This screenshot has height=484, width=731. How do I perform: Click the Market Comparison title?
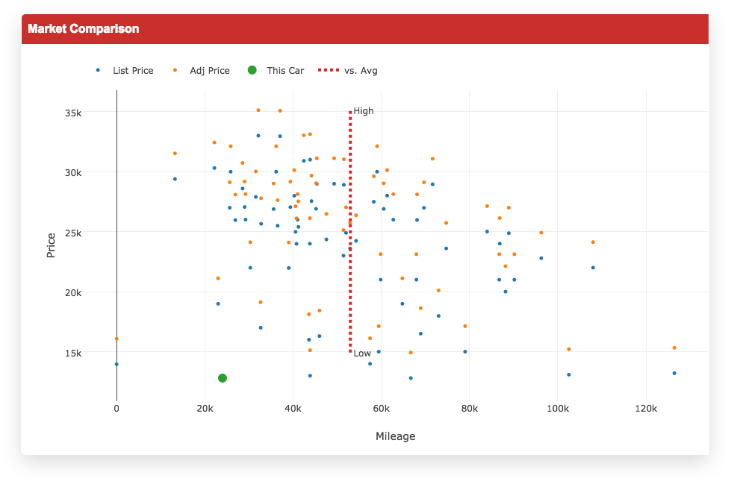[84, 29]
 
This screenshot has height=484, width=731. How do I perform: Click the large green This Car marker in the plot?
[223, 378]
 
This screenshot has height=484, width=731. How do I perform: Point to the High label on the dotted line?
[364, 111]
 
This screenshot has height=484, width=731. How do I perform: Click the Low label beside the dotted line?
[362, 353]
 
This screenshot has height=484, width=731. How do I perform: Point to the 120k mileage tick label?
[645, 409]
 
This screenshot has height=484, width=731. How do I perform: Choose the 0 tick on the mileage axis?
[116, 409]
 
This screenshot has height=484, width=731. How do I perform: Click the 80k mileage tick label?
[469, 409]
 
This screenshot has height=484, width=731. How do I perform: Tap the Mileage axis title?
[395, 436]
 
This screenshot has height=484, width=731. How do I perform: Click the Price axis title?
[52, 245]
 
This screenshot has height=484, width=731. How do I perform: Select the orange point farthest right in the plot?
[674, 348]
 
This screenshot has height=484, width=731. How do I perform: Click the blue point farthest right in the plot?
[674, 373]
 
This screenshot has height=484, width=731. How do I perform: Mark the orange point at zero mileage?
[116, 339]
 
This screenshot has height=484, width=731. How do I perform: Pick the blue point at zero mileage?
[116, 364]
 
